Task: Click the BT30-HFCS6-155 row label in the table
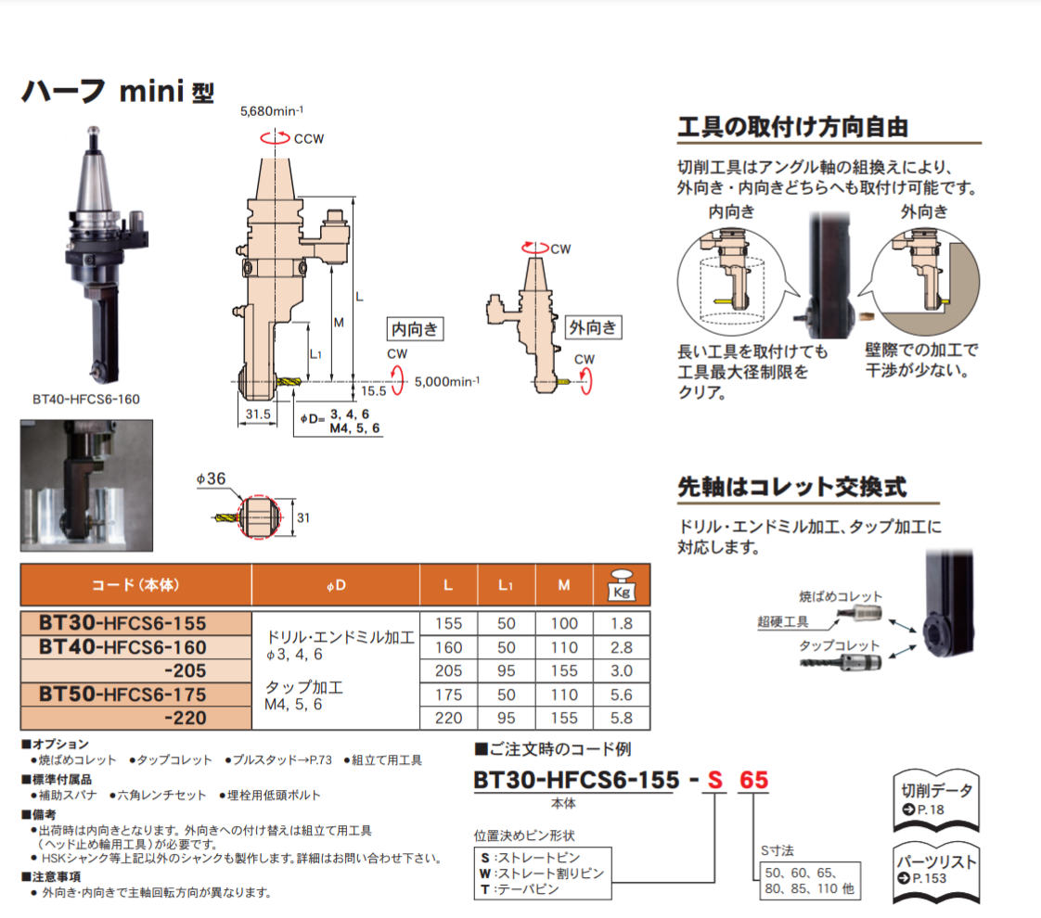122,623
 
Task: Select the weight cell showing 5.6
622,695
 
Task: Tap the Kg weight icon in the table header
622,586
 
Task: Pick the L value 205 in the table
448,670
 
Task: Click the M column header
564,585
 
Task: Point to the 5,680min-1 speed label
272,110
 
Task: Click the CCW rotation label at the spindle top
309,139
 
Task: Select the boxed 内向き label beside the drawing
415,329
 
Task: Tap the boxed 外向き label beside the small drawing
593,327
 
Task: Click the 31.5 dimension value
258,414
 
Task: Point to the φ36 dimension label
212,478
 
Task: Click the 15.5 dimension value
373,391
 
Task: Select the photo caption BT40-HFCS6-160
86,400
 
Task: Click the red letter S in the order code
714,780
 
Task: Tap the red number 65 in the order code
753,780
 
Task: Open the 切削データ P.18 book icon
936,800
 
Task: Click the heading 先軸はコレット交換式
791,487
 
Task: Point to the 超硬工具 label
783,621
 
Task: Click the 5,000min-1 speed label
447,381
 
